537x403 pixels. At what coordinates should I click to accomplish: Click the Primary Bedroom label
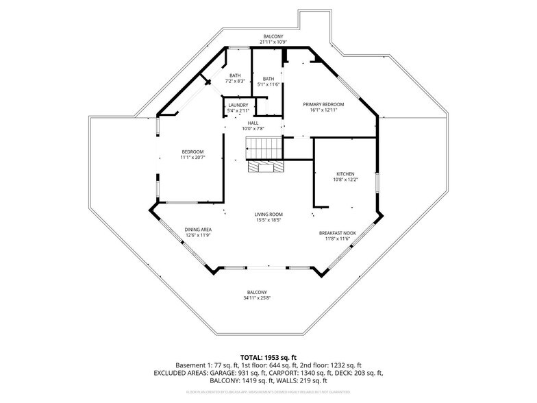click(323, 104)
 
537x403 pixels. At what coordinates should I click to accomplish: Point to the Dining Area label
click(198, 229)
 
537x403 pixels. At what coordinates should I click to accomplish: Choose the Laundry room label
click(238, 105)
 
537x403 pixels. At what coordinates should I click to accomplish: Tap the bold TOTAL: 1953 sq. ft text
click(268, 358)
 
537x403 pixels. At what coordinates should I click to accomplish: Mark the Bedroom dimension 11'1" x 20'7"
click(192, 158)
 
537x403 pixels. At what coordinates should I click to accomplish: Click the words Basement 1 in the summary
click(190, 365)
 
